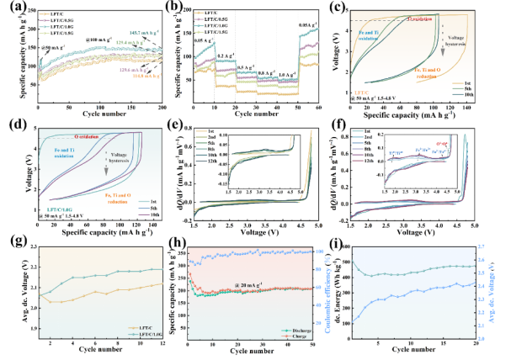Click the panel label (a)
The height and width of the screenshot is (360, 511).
[x=10, y=8]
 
